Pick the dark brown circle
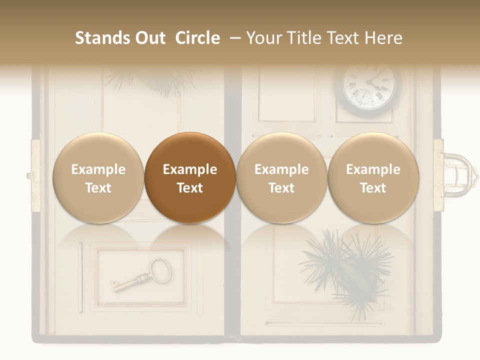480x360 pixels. [x=190, y=178]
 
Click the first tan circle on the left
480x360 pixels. [x=98, y=178]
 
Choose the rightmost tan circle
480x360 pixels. [x=373, y=178]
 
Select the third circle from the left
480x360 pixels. [x=281, y=178]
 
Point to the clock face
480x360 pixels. [x=371, y=87]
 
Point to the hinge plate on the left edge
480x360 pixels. [x=35, y=175]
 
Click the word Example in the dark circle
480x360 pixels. [x=190, y=169]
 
